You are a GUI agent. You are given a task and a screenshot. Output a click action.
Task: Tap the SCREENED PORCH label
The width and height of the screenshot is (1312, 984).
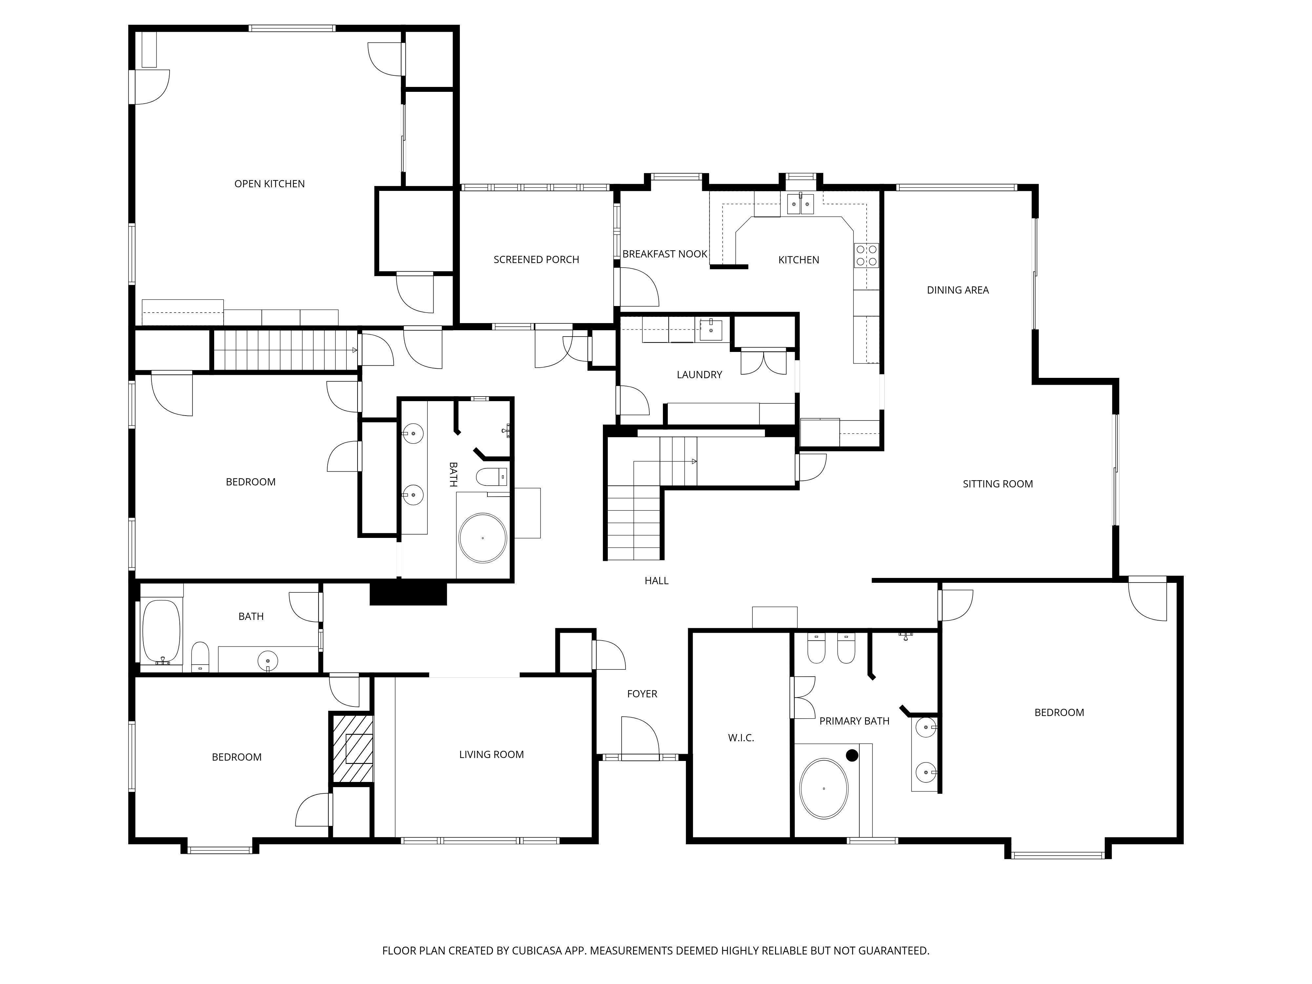pos(536,260)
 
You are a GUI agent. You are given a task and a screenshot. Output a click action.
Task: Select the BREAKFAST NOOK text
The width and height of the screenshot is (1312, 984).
pos(665,254)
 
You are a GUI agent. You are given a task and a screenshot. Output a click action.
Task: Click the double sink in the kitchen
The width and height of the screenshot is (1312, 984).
pos(801,203)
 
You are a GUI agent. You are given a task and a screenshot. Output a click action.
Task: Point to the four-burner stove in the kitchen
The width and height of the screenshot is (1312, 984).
pos(867,256)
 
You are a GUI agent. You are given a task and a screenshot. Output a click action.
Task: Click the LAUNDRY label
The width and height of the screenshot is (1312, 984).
pos(699,375)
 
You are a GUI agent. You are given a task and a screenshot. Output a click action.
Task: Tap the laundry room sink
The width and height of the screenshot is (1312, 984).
pos(710,330)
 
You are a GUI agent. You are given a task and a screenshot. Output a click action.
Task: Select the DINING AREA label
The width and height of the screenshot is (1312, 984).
pos(958,290)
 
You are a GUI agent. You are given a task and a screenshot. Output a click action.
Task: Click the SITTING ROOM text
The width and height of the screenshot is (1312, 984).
pos(998,484)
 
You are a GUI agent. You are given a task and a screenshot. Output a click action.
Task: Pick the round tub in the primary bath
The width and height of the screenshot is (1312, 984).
pos(824,788)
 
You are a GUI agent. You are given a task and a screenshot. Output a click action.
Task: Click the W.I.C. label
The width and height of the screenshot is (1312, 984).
pos(741,738)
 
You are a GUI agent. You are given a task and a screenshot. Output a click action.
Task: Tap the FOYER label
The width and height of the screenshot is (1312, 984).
pos(642,694)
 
